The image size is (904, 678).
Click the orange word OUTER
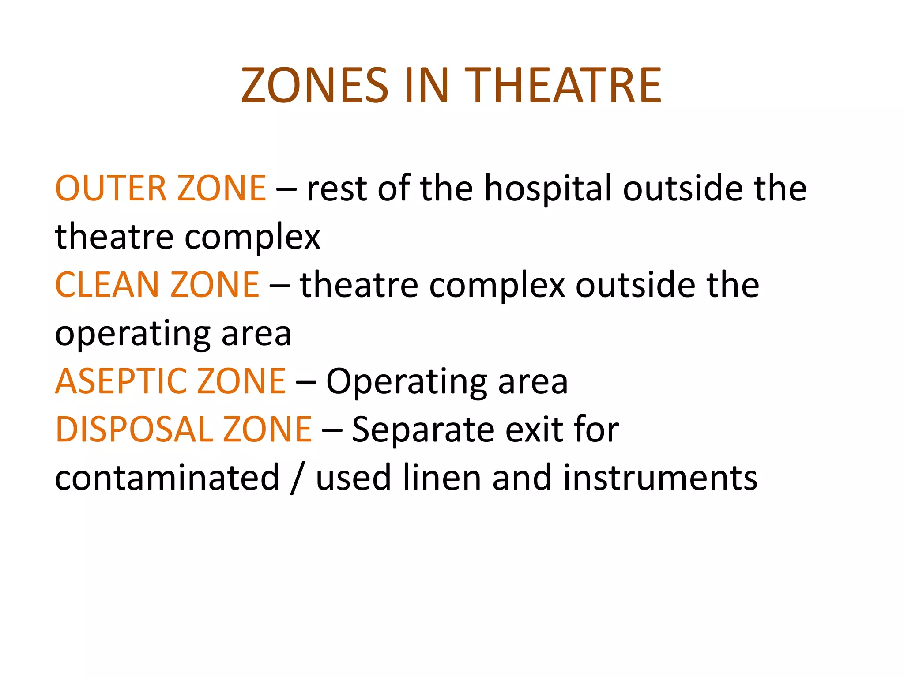[x=110, y=188]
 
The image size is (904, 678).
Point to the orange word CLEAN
[x=107, y=285]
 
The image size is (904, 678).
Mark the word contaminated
[x=167, y=478]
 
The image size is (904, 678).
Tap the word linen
[x=442, y=478]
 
